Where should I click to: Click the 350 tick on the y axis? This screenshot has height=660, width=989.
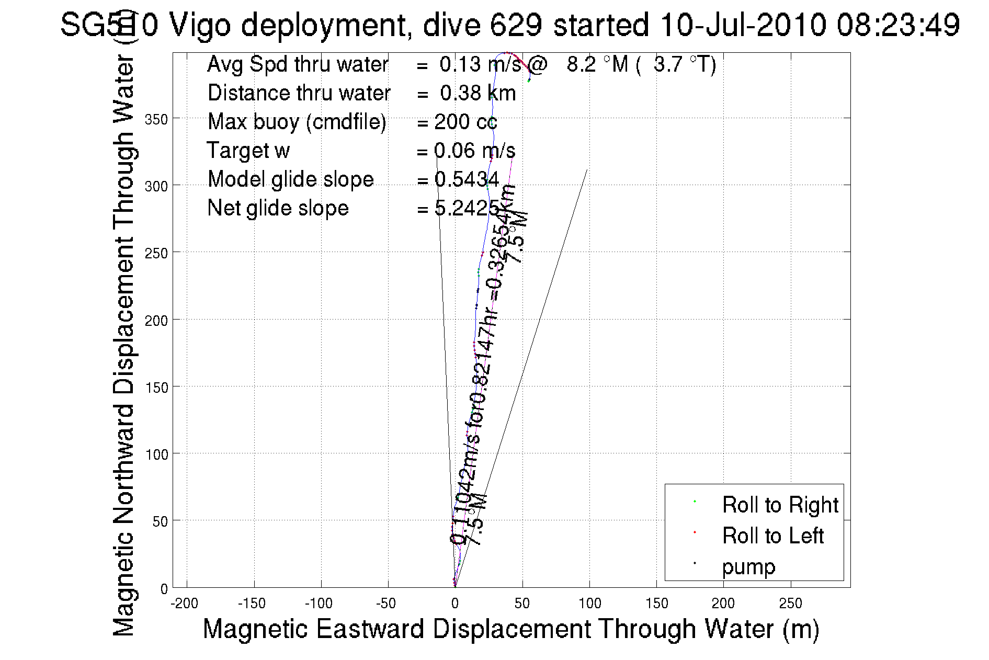(x=156, y=119)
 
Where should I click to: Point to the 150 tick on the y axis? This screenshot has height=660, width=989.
(x=156, y=388)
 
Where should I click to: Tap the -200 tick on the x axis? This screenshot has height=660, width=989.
(x=185, y=604)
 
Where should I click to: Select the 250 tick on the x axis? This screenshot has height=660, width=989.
(x=790, y=604)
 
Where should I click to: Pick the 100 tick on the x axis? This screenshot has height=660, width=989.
(x=589, y=604)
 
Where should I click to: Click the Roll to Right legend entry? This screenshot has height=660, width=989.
(x=780, y=505)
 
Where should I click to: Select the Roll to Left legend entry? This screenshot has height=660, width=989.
(x=772, y=536)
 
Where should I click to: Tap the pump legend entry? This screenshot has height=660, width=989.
(x=748, y=567)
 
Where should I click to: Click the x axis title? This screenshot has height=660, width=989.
(x=510, y=629)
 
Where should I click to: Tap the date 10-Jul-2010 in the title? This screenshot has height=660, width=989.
(x=743, y=25)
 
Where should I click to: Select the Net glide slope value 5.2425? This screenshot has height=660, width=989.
(x=467, y=209)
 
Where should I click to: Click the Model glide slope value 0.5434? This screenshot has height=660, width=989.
(x=467, y=179)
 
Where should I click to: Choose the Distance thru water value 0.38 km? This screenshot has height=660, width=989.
(x=478, y=93)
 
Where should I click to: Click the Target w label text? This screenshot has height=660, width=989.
(x=248, y=151)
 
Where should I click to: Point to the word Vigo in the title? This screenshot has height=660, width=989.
(x=200, y=25)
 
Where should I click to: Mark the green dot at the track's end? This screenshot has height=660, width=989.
(x=529, y=81)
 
